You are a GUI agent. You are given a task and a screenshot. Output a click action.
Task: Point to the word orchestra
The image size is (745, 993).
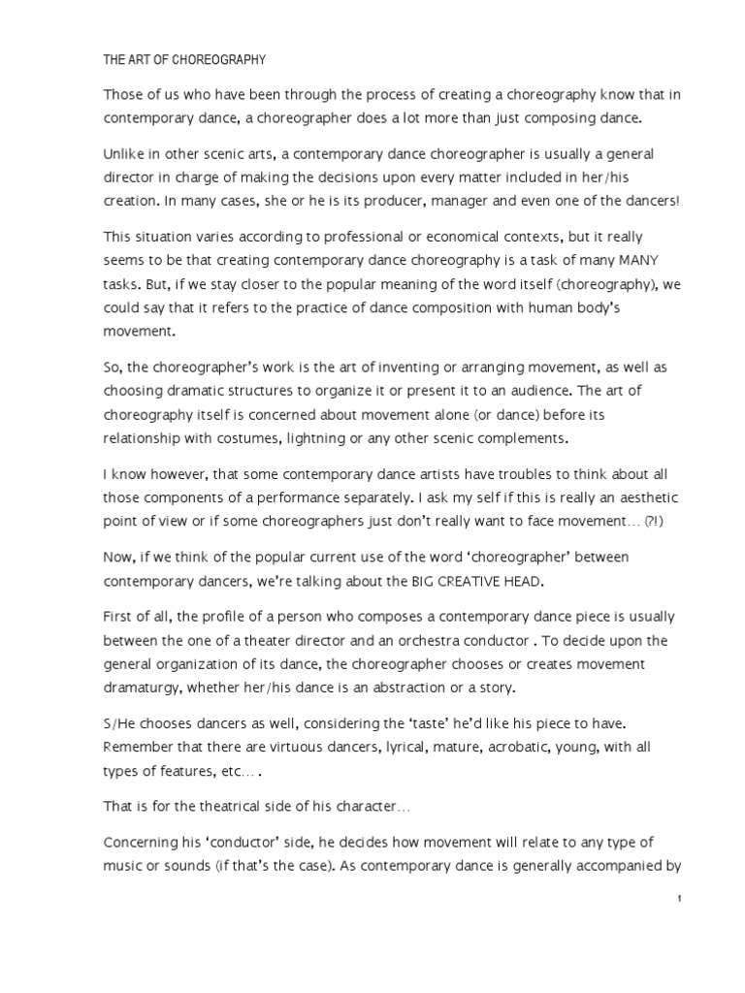(436, 641)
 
